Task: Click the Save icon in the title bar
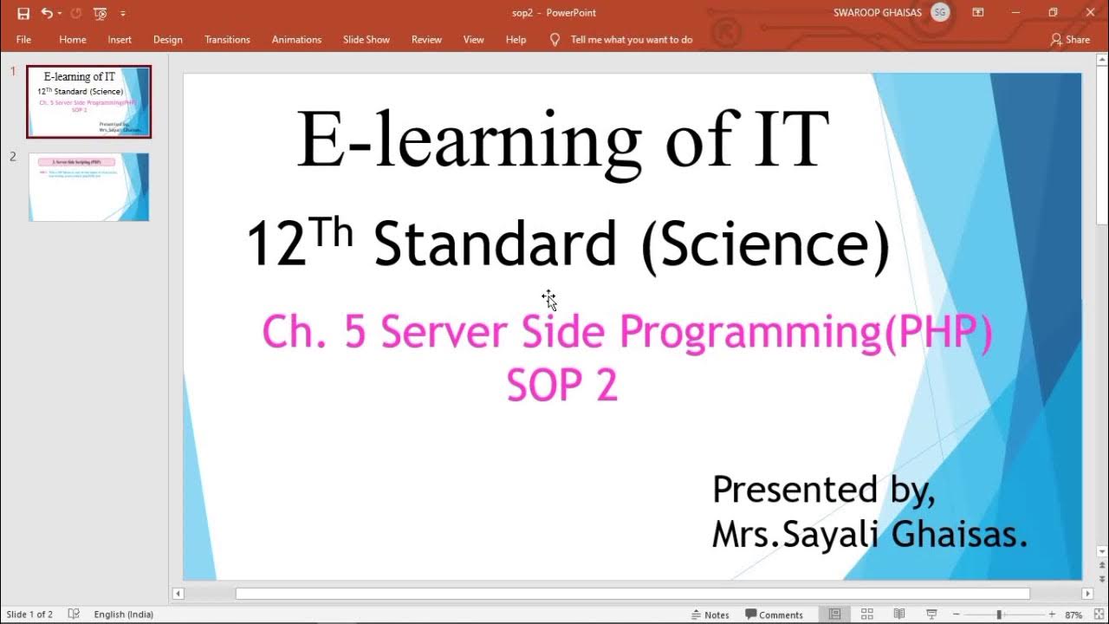(x=23, y=13)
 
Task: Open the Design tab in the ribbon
(x=167, y=40)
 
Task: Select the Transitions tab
(x=227, y=40)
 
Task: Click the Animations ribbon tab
(x=296, y=40)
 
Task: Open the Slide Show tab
(x=366, y=40)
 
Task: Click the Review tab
(x=426, y=40)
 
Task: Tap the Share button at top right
(x=1070, y=40)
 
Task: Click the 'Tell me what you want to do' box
(x=631, y=40)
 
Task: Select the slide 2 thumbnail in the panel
(x=88, y=187)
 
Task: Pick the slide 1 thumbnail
(x=88, y=101)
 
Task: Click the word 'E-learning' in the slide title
(x=469, y=140)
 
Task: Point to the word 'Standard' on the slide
(x=495, y=244)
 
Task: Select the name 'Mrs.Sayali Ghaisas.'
(x=869, y=534)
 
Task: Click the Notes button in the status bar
(x=710, y=614)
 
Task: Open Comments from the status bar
(x=774, y=614)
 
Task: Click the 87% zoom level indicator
(x=1074, y=614)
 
